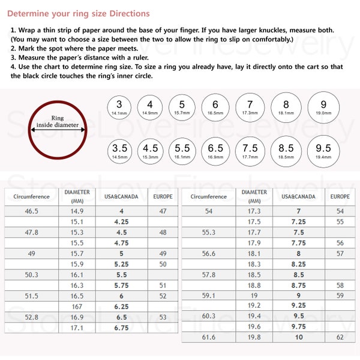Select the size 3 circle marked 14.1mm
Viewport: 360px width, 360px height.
pos(119,107)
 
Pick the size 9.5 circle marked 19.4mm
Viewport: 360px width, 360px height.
pos(323,151)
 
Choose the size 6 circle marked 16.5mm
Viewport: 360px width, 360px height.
pos(215,107)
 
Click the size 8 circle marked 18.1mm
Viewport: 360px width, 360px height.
pos(286,107)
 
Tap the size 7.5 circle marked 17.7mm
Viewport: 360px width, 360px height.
pos(250,151)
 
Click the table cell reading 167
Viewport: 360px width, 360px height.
pos(77,306)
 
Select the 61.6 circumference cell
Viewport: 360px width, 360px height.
pos(208,337)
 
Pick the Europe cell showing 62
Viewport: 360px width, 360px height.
pos(340,337)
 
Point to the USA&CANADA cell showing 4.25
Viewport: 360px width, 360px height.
pos(121,221)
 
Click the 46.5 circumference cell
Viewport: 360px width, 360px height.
pos(32,211)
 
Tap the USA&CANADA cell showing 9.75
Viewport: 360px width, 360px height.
pos(298,326)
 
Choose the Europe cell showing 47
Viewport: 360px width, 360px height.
pos(163,211)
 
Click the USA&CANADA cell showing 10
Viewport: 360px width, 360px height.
pos(298,337)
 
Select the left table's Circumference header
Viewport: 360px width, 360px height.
pos(32,196)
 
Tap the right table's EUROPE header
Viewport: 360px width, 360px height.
pos(340,196)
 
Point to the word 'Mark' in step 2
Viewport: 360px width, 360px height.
pos(29,49)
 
